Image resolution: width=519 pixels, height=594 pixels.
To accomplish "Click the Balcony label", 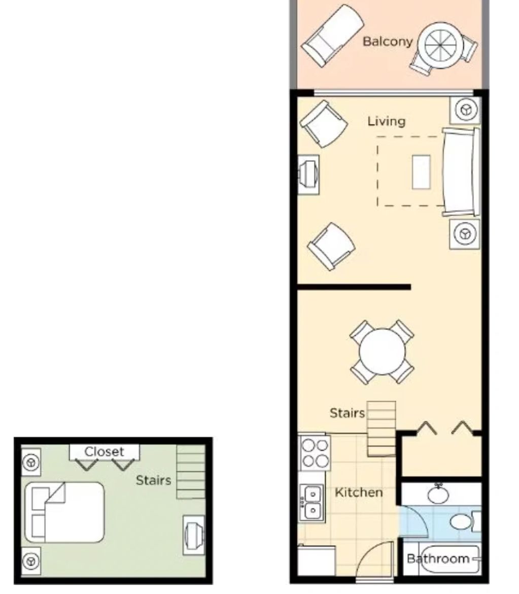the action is click(x=387, y=41).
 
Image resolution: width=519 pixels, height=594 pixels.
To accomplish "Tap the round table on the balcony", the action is click(x=440, y=46).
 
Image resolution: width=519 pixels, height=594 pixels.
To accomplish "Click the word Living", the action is click(x=386, y=121).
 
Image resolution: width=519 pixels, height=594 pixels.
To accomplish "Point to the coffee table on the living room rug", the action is click(x=421, y=172).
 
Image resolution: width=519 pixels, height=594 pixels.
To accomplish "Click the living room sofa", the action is click(x=461, y=173).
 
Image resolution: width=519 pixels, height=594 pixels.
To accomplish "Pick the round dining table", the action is click(x=382, y=351).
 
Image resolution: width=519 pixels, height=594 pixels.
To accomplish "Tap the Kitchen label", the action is click(x=359, y=492).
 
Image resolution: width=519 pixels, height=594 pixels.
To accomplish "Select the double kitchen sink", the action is click(x=312, y=503).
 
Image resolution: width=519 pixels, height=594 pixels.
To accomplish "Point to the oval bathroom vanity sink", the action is click(x=438, y=494).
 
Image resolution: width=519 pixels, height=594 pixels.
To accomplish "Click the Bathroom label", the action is click(x=438, y=558).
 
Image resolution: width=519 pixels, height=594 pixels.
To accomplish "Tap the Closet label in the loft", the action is click(x=104, y=451).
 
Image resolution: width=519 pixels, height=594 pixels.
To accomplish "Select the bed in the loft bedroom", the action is click(x=64, y=512).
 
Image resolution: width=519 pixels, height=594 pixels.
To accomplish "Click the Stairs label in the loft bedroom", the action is click(x=153, y=480).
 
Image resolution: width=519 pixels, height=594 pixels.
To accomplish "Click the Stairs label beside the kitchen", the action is click(x=347, y=413).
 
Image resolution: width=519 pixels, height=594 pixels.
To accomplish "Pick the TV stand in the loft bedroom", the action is click(x=194, y=535).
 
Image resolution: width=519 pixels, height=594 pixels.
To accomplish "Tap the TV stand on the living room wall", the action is click(x=308, y=175).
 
